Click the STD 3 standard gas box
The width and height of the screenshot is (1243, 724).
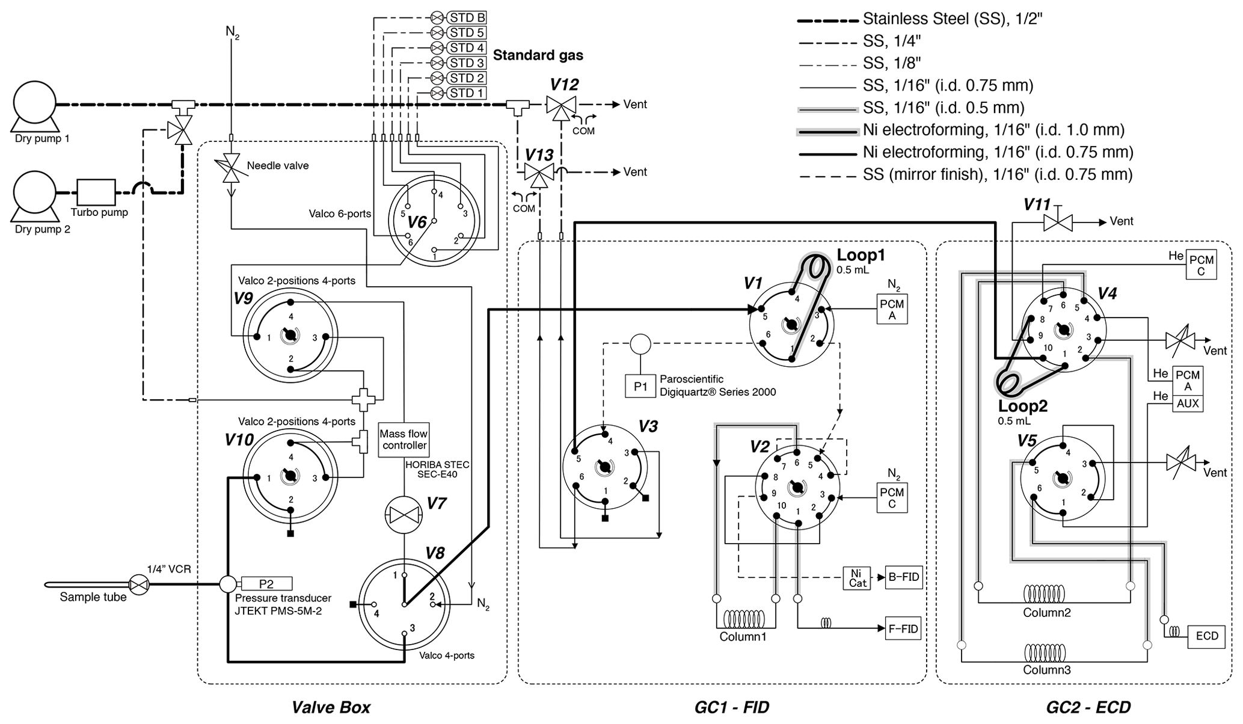point(467,63)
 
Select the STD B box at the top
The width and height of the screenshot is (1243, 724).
point(467,17)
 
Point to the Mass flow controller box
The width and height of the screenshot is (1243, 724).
point(404,440)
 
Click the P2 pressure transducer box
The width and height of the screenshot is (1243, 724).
point(266,584)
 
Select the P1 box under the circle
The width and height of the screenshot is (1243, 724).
point(640,387)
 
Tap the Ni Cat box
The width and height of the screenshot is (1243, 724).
point(858,578)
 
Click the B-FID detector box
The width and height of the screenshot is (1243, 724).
point(903,577)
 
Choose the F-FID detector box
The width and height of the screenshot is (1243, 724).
point(903,629)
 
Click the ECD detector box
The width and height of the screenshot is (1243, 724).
point(1206,636)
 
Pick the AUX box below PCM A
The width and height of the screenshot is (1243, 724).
point(1188,404)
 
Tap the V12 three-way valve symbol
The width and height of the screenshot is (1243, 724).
point(561,105)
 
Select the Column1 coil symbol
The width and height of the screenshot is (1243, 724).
point(743,619)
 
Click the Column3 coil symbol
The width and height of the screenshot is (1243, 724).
point(1046,653)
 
